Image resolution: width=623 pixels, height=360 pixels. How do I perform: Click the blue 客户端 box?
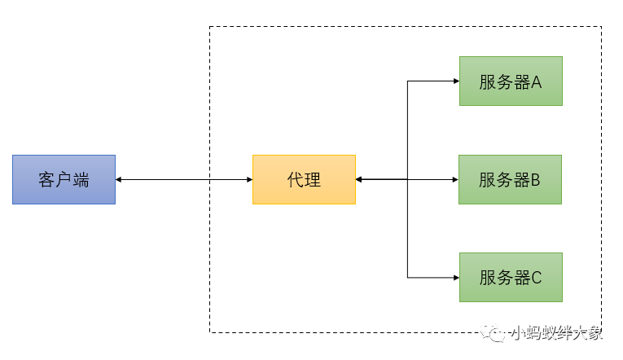64,179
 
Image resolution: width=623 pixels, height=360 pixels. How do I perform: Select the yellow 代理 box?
304,179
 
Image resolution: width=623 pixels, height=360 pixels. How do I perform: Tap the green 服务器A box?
511,81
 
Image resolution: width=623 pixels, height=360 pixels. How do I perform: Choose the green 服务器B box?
511,179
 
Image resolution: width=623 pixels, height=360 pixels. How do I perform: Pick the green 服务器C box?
511,277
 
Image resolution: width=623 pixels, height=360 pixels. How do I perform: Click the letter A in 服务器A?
537,81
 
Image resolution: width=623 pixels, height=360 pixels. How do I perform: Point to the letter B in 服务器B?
536,180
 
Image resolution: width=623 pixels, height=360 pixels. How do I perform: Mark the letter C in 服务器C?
537,278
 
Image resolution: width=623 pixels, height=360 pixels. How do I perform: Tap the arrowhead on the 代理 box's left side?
248,179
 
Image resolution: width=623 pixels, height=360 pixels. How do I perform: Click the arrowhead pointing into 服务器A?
455,81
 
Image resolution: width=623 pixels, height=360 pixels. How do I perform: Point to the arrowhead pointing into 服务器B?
455,179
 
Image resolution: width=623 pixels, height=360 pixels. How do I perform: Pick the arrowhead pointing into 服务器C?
455,277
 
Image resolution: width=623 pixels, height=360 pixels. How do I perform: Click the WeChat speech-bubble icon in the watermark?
494,332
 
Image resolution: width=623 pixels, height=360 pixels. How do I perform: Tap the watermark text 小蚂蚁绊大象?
557,332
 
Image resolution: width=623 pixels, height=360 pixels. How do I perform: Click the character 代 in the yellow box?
296,180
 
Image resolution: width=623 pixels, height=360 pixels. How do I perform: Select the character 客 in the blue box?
46,180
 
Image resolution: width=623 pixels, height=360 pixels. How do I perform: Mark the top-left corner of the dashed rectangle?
210,27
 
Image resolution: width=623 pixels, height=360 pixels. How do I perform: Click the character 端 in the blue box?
81,180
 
